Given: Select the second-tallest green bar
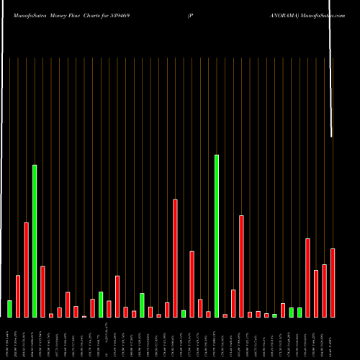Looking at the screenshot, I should coord(34,241).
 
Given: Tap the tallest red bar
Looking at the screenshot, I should coord(175,258).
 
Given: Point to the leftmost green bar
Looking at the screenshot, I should coord(9,309).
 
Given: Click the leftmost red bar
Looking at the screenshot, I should coord(18,296).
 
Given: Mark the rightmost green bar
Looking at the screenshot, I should coord(300,312).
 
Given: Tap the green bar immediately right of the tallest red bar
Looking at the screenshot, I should coord(184,313).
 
